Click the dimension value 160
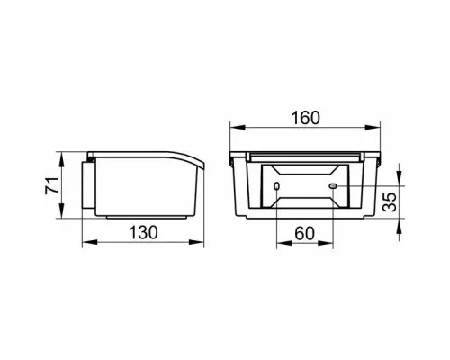[x=306, y=118]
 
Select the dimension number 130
[x=143, y=232]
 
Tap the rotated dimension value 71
[x=52, y=186]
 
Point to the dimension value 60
[x=304, y=233]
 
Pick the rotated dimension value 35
[x=390, y=202]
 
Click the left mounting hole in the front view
[x=276, y=186]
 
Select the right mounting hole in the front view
[x=333, y=186]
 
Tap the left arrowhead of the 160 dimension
[x=238, y=128]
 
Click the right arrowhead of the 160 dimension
[x=373, y=128]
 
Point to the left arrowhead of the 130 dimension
[x=89, y=242]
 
